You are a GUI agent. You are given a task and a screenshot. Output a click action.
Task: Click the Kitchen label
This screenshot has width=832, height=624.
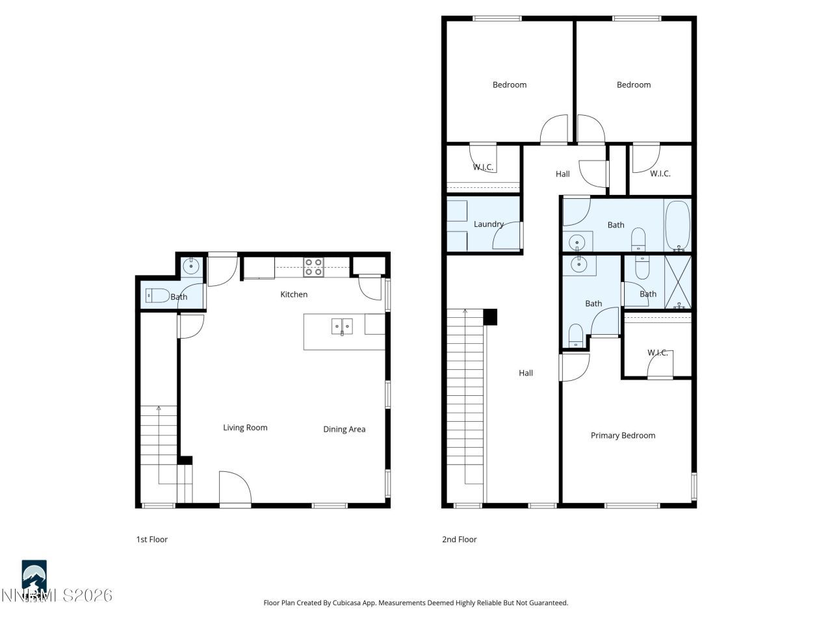pyautogui.click(x=294, y=294)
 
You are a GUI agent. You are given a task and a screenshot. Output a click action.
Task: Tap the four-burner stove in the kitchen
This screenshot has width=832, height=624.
pyautogui.click(x=314, y=267)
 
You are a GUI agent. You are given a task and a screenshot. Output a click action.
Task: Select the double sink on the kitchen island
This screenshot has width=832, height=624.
pyautogui.click(x=341, y=325)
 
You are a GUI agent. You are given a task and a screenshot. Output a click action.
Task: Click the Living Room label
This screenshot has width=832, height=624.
pyautogui.click(x=245, y=428)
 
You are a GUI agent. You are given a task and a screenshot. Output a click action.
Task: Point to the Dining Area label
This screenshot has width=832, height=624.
pyautogui.click(x=344, y=429)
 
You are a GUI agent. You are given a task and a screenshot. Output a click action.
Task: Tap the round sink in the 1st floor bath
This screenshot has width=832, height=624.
pyautogui.click(x=192, y=265)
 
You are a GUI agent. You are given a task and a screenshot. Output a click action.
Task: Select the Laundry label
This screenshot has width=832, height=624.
pyautogui.click(x=488, y=224)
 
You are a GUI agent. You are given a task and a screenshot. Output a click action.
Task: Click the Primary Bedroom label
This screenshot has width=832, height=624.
pyautogui.click(x=623, y=435)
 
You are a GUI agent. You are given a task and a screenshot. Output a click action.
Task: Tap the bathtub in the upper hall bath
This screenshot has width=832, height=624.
pyautogui.click(x=677, y=226)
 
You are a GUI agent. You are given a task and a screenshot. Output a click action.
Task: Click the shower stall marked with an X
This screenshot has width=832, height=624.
pyautogui.click(x=677, y=282)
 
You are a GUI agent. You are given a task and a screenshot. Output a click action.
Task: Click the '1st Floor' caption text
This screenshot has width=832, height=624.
pyautogui.click(x=151, y=539)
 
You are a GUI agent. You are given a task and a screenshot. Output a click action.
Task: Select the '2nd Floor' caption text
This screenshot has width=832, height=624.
pyautogui.click(x=459, y=539)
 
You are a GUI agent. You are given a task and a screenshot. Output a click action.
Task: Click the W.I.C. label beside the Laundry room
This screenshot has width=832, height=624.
pyautogui.click(x=483, y=167)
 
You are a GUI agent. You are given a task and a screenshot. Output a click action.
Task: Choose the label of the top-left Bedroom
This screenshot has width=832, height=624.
pyautogui.click(x=509, y=84)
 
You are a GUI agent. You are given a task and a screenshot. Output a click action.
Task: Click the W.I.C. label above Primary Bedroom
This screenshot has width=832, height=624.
pyautogui.click(x=657, y=353)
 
